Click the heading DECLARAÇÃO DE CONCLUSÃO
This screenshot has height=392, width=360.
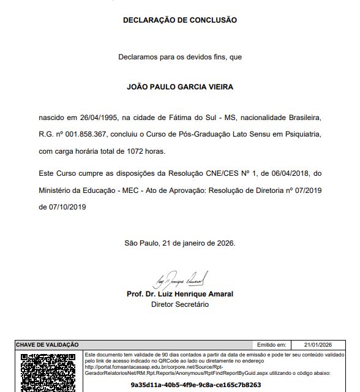click(x=180, y=20)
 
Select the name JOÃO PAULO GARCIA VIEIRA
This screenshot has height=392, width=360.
click(x=180, y=87)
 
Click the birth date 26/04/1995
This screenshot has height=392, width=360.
click(x=97, y=116)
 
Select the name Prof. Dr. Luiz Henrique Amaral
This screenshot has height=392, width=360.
click(x=180, y=294)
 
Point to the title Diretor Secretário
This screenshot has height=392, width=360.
click(x=180, y=304)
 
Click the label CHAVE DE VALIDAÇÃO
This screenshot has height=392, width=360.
click(x=47, y=345)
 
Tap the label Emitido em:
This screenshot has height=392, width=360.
click(x=271, y=345)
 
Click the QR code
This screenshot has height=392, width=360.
click(x=48, y=372)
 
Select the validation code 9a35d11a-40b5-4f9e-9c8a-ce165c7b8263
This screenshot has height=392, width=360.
click(x=196, y=385)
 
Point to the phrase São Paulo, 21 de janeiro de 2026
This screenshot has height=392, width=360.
click(x=179, y=243)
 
